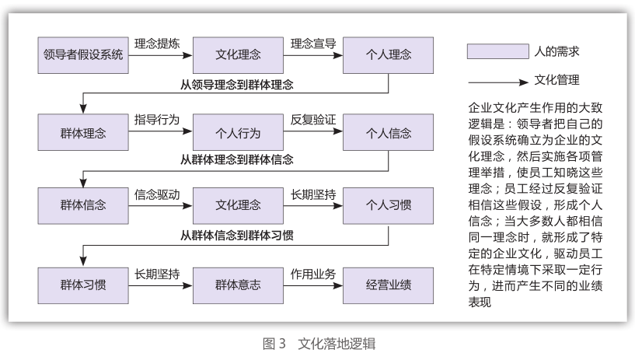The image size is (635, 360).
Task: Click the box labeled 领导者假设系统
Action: point(83,55)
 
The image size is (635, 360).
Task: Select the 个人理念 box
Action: point(388,55)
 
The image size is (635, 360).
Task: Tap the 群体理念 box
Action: point(83,132)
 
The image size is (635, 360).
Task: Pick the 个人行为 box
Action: point(238,132)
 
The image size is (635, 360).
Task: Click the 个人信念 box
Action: point(388,132)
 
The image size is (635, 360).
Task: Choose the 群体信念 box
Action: point(83,206)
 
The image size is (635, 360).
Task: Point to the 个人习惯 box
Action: point(388,206)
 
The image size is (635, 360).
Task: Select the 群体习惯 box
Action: point(83,285)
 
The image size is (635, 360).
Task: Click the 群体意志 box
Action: point(238,285)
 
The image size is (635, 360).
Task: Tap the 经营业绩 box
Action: point(388,285)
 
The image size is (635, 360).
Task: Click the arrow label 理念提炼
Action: point(157,44)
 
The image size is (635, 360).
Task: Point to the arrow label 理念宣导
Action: point(313,44)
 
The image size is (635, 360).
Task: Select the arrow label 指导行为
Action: point(157,120)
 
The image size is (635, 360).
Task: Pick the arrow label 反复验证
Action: point(313,120)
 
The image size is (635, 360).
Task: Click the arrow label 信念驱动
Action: point(157,195)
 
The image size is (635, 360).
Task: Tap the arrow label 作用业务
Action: point(313,274)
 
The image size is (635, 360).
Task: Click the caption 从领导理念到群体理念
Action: point(237,85)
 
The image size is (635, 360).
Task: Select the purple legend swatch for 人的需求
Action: point(498,51)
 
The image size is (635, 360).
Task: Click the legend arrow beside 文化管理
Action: point(498,82)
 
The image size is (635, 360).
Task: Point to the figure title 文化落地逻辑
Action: point(337,344)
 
